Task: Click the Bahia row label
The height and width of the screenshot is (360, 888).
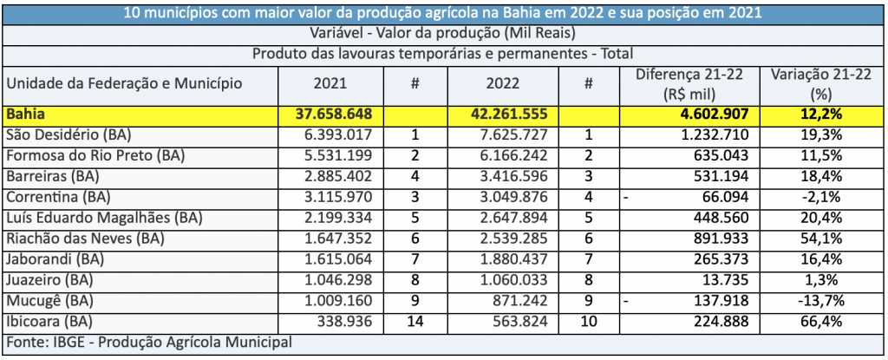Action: click(25, 115)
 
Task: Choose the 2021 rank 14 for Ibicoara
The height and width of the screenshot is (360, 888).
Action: click(415, 321)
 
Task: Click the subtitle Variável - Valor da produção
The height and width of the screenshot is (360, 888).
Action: click(443, 33)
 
